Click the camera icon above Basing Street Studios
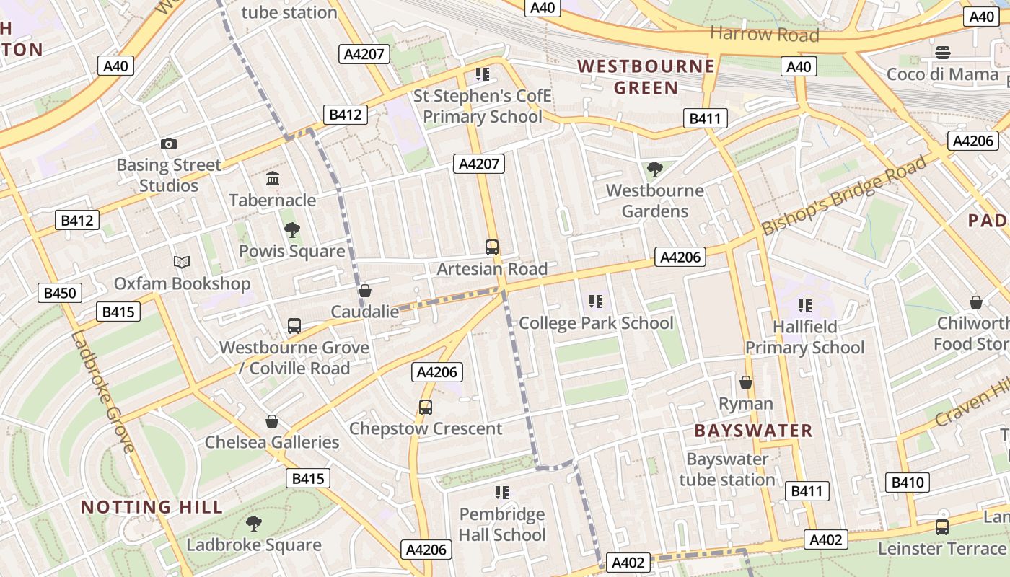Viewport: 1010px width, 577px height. pyautogui.click(x=169, y=144)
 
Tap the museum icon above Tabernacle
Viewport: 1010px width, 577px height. pyautogui.click(x=273, y=179)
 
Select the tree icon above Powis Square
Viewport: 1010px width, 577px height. pyautogui.click(x=292, y=230)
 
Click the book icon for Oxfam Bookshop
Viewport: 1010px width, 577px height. pyautogui.click(x=182, y=263)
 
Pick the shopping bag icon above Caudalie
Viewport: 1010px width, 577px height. pyautogui.click(x=365, y=291)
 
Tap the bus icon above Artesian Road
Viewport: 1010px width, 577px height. pyautogui.click(x=492, y=247)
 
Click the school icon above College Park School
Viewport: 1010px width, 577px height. pyautogui.click(x=595, y=301)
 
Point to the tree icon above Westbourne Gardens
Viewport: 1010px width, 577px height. pyautogui.click(x=655, y=169)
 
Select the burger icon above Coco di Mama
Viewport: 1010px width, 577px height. pyautogui.click(x=942, y=52)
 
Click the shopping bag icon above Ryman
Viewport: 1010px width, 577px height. pyautogui.click(x=746, y=382)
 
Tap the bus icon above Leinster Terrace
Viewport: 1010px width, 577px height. pyautogui.click(x=942, y=527)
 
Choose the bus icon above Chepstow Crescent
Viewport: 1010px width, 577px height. pyautogui.click(x=426, y=408)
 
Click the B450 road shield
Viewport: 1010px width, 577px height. pyautogui.click(x=60, y=293)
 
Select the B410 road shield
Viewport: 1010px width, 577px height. pyautogui.click(x=907, y=483)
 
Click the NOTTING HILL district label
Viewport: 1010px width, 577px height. pyautogui.click(x=151, y=507)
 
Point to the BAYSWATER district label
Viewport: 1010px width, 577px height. pyautogui.click(x=753, y=431)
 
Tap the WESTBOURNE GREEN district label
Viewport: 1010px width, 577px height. pyautogui.click(x=646, y=77)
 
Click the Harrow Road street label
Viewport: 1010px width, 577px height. pyautogui.click(x=765, y=34)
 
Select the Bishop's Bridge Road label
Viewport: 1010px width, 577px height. pyautogui.click(x=844, y=195)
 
